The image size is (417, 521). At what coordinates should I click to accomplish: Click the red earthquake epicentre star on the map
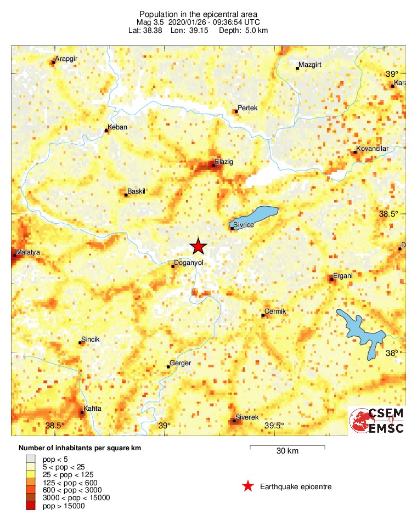coord(198,247)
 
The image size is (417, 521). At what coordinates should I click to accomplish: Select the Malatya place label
coord(29,252)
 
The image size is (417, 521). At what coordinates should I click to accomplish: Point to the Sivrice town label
coord(243,224)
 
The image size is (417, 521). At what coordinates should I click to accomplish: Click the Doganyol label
coord(188,263)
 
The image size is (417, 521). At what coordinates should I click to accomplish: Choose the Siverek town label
coord(246,417)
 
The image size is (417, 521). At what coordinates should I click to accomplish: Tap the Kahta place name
coord(93,409)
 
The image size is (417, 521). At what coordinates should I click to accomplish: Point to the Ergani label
coord(343,276)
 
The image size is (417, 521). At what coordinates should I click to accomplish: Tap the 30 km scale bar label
coord(287,451)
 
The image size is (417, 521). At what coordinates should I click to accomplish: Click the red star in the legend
coord(248,486)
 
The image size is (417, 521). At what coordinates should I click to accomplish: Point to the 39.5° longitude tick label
coord(274,426)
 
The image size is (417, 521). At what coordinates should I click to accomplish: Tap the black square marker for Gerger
coord(168,366)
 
